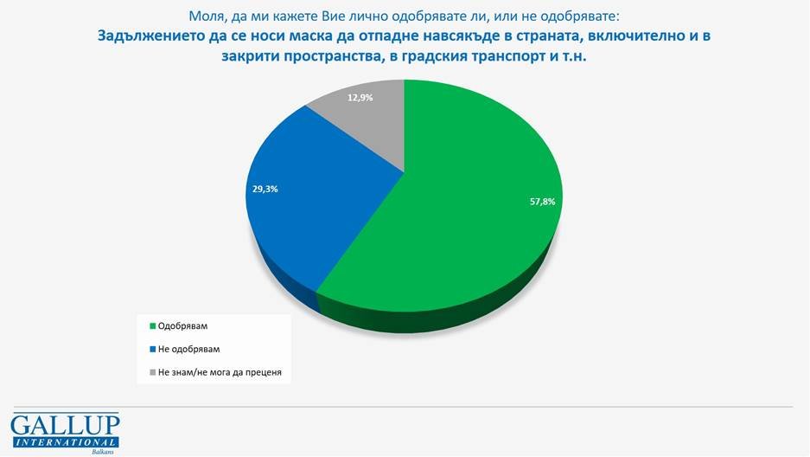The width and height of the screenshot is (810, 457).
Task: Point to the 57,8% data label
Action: pos(542,201)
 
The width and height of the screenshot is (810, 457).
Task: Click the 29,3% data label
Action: pos(265,188)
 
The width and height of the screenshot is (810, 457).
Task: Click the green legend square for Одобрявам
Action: pos(153,326)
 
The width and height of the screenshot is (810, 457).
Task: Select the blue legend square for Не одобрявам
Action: pos(153,349)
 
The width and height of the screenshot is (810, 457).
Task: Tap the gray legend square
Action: pos(153,372)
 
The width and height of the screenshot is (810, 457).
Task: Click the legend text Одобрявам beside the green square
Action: pos(183,326)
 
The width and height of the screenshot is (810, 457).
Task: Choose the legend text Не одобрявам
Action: pos(190,349)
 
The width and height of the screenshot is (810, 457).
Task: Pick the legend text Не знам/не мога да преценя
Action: pos(220,372)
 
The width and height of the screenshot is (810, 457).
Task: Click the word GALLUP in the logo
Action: pos(65,425)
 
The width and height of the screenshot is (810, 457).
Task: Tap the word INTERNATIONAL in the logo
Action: pos(65,441)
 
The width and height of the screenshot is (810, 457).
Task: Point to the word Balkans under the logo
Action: pos(102,452)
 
